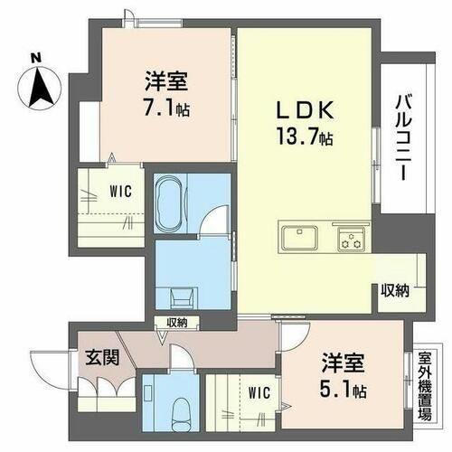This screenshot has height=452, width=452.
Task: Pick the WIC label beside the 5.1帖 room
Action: click(259, 392)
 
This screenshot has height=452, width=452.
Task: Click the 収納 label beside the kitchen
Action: click(395, 290)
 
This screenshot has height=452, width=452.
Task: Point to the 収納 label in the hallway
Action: click(176, 323)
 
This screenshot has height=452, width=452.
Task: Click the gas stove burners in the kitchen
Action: click(350, 240)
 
